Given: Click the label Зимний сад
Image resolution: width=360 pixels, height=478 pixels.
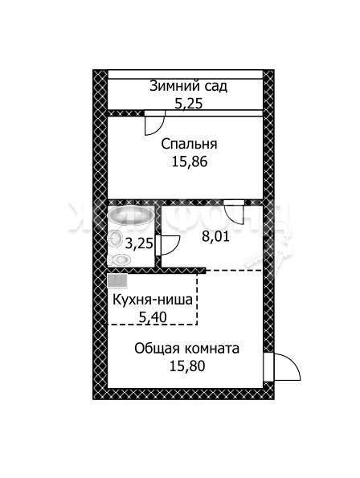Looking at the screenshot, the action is coord(188,86).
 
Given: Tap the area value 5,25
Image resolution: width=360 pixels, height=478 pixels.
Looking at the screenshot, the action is coord(188,104).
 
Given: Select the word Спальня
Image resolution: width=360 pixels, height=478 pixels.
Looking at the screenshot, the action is coord(190,144).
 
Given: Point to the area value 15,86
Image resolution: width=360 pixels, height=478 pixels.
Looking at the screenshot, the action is coord(190,161).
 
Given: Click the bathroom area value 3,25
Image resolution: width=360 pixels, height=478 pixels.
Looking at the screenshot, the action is coord(139,243).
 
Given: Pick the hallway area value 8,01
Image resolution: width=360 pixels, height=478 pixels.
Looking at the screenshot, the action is coord(216,236).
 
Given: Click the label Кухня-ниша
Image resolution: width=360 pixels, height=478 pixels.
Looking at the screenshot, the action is coord(153,300).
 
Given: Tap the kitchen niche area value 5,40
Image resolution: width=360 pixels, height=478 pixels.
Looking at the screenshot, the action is coord(153,317).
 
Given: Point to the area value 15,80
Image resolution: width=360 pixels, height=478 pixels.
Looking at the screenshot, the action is coord(187,366).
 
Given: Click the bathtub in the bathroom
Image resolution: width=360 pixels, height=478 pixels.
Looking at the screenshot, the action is coord(130,216).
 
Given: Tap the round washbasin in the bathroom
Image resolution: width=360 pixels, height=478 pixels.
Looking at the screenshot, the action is coord(115,238).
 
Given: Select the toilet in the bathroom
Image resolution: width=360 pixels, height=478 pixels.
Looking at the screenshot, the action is coord(119,259).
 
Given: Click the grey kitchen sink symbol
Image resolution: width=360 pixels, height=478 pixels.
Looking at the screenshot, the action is coord(117,280).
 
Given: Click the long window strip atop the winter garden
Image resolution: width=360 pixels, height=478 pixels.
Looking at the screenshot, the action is coord(186,75).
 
